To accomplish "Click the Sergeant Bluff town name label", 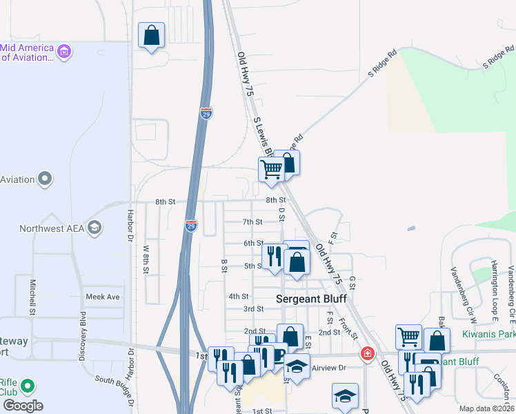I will [x=310, y=299].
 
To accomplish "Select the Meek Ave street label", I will [x=103, y=297].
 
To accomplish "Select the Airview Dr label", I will [x=328, y=368].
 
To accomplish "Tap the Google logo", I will [x=23, y=406].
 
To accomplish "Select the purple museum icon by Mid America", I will [x=64, y=51].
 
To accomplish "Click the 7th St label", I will [x=252, y=222].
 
